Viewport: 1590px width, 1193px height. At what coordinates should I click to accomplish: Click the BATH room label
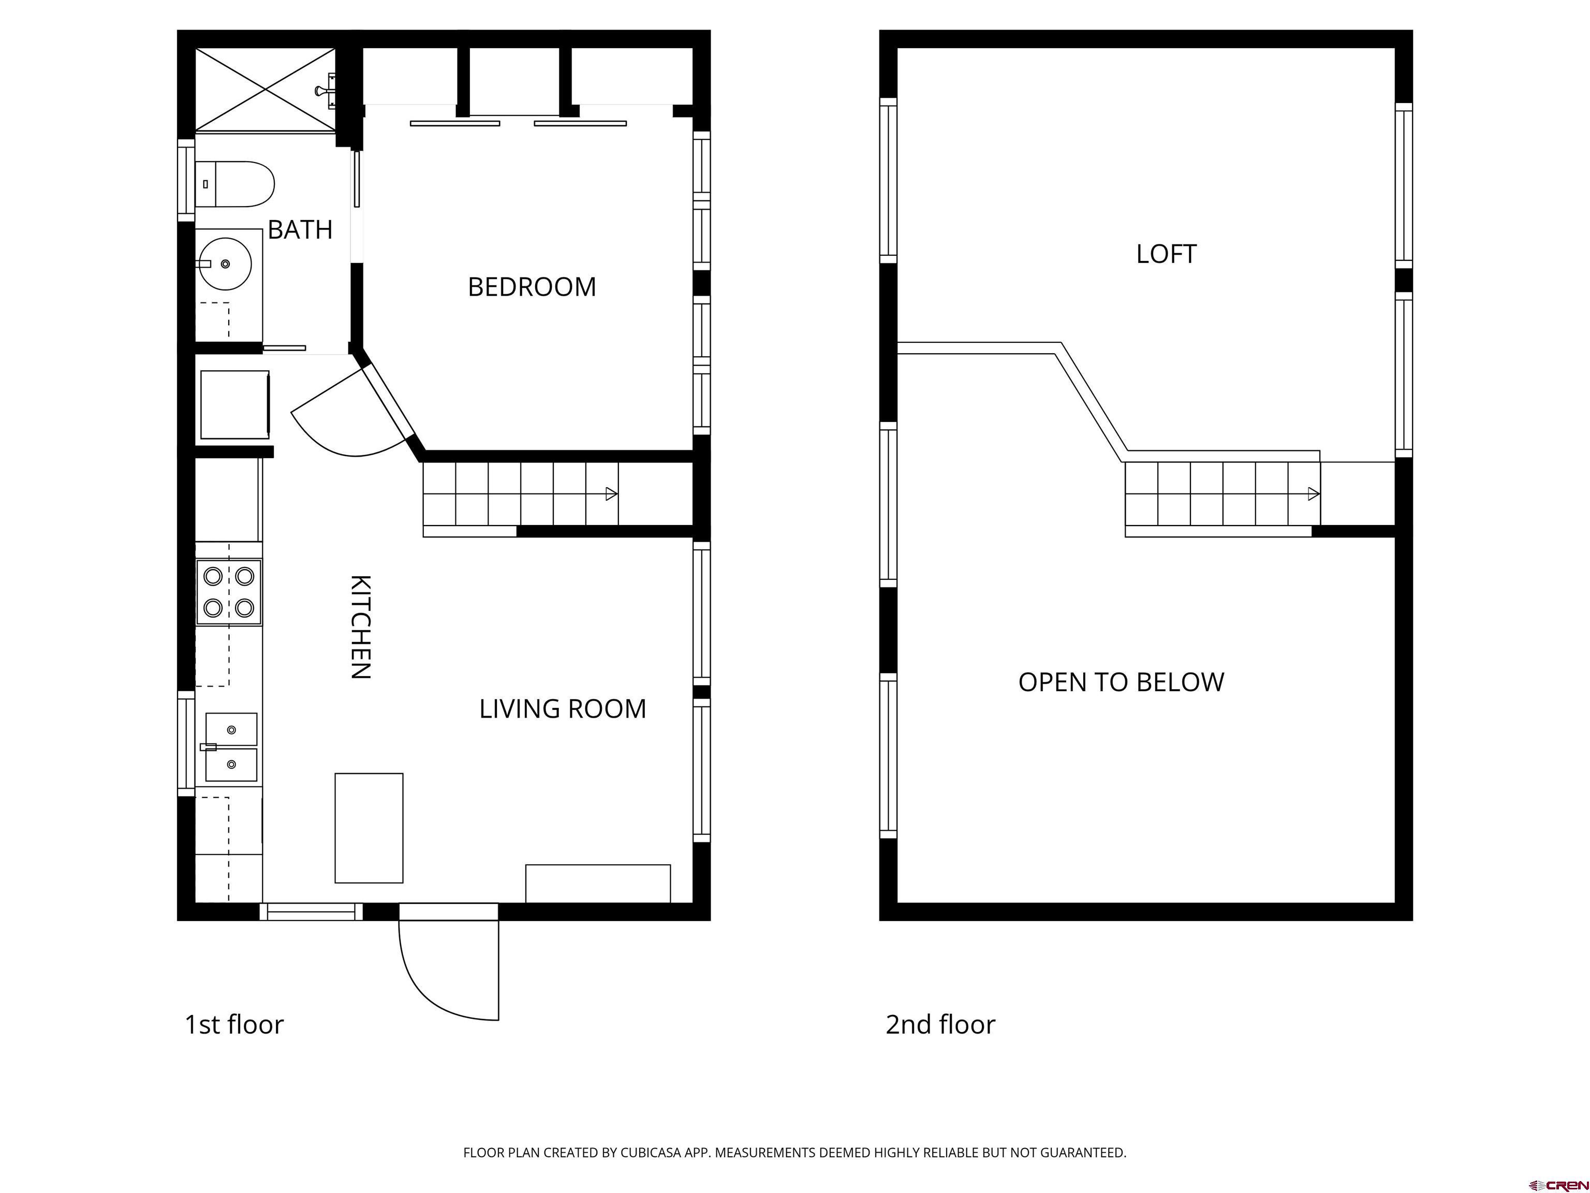pos(300,230)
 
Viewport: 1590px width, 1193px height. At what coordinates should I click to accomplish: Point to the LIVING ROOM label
pos(562,709)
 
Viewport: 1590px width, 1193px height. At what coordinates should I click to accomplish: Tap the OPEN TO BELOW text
pos(1121,682)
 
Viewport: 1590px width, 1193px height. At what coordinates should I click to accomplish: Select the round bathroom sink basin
pos(225,264)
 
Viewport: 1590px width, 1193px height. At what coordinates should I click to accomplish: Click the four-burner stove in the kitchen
pos(229,592)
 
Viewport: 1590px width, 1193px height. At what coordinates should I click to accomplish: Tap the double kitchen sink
pos(231,747)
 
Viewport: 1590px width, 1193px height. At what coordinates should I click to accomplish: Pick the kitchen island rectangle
pos(369,827)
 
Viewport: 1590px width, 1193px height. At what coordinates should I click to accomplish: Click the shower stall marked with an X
pos(265,90)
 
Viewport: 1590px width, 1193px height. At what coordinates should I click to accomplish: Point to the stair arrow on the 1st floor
pos(611,493)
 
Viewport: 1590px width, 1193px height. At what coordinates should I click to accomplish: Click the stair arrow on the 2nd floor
pos(1313,493)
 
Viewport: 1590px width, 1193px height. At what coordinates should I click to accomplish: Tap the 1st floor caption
pos(233,1024)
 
